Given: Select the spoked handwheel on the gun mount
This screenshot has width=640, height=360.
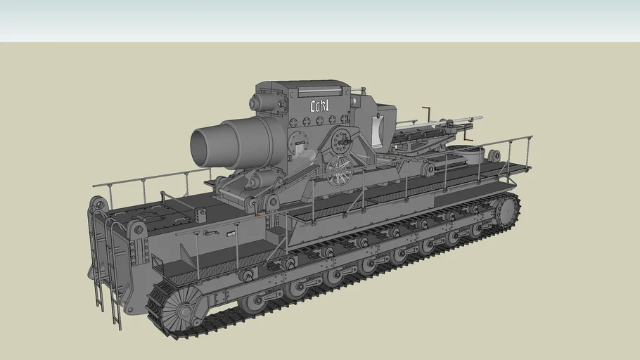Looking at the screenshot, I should (x=341, y=170).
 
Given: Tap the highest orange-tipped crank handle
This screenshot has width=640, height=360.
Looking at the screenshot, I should (x=426, y=110).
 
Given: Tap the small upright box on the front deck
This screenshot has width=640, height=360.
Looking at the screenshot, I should (x=164, y=198).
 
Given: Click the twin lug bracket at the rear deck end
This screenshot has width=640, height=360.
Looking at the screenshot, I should (x=494, y=155).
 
